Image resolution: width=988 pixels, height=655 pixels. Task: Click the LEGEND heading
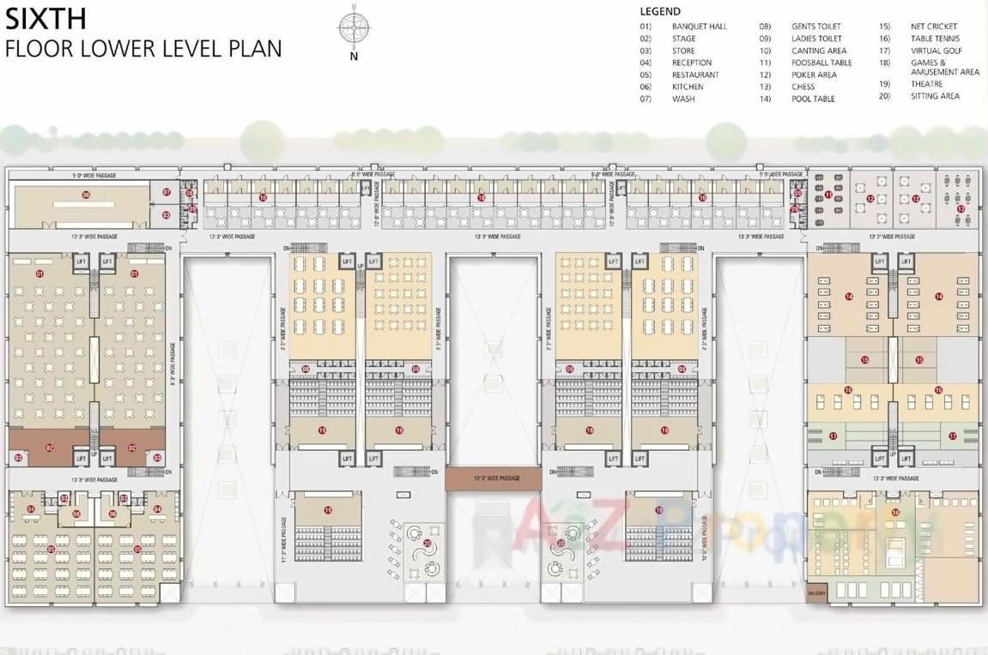pos(660,12)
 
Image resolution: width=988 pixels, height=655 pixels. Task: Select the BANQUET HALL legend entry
pos(699,27)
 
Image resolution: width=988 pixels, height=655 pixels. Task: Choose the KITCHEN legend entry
pos(688,87)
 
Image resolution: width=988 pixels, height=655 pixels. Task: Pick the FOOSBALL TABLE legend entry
pos(821,63)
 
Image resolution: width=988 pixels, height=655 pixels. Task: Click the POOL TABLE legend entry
pos(813,99)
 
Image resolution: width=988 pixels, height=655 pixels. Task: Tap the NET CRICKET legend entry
pos(934,27)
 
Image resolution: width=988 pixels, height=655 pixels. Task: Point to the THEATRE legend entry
pos(926,84)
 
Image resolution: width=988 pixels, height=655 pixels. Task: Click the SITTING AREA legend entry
pos(935,96)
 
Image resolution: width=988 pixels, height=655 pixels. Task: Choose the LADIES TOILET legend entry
pos(816,39)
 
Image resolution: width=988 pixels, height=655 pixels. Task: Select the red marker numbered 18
pos(895,513)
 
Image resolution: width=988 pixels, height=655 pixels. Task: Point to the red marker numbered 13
pos(961,208)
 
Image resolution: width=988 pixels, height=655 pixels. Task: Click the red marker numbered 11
pos(828,195)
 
